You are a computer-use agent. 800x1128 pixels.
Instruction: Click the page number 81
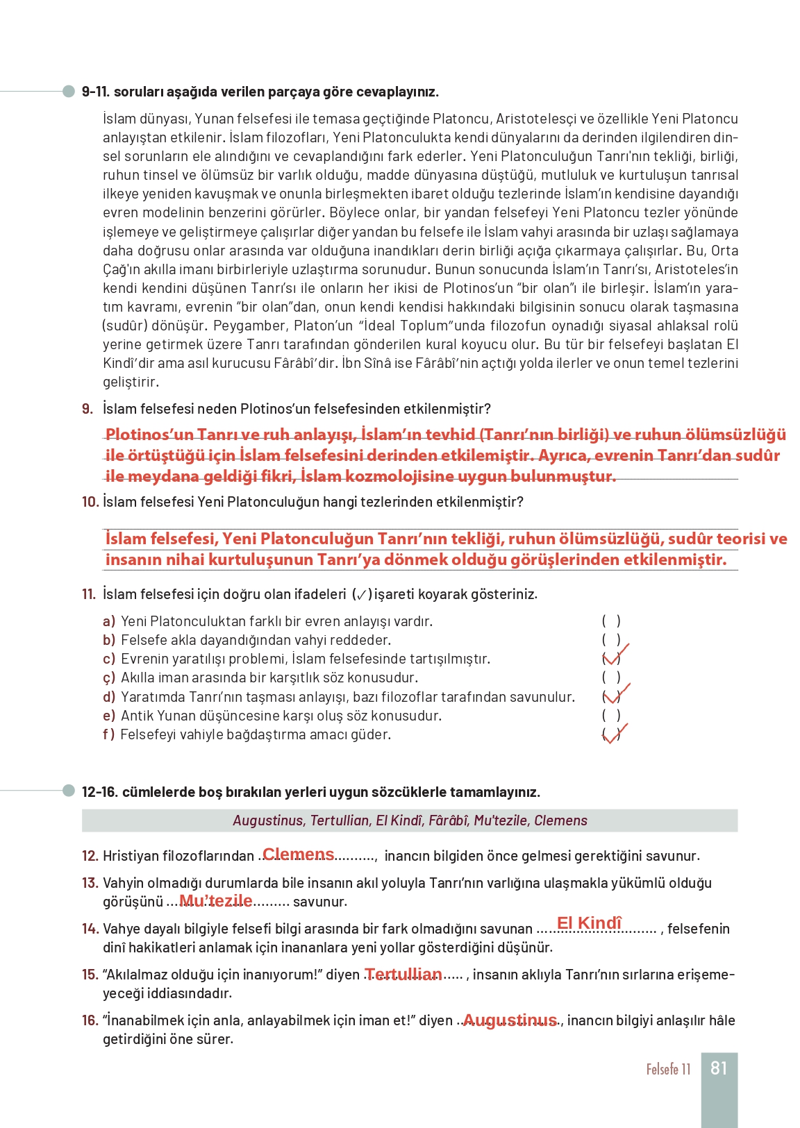pyautogui.click(x=719, y=1068)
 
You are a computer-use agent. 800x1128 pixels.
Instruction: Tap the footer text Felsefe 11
pyautogui.click(x=668, y=1069)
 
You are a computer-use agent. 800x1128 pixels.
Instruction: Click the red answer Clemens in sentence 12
pyautogui.click(x=298, y=855)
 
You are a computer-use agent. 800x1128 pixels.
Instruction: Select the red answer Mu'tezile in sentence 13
pyautogui.click(x=216, y=901)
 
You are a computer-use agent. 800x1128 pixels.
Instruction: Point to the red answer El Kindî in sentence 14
pyautogui.click(x=590, y=923)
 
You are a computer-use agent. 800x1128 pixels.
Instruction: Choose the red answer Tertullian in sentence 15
pyautogui.click(x=403, y=974)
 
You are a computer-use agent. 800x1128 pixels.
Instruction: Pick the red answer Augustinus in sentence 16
pyautogui.click(x=510, y=1020)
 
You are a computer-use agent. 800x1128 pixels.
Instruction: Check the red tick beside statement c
pyautogui.click(x=615, y=655)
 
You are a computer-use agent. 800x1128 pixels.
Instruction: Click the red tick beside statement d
pyautogui.click(x=615, y=693)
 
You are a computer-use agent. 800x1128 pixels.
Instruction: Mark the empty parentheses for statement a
pyautogui.click(x=611, y=621)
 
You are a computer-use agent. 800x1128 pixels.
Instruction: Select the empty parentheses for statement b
pyautogui.click(x=611, y=640)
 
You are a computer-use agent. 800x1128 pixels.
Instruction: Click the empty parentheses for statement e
pyautogui.click(x=611, y=715)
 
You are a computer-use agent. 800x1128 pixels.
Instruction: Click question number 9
pyautogui.click(x=87, y=409)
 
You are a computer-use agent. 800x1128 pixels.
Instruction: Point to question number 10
pyautogui.click(x=90, y=502)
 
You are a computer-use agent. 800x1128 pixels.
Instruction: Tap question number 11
pyautogui.click(x=89, y=594)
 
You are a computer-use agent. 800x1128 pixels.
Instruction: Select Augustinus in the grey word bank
pyautogui.click(x=268, y=820)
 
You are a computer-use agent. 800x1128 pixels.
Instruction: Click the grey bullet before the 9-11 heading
pyautogui.click(x=69, y=92)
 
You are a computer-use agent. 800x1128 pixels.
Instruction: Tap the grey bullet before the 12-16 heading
pyautogui.click(x=69, y=791)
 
